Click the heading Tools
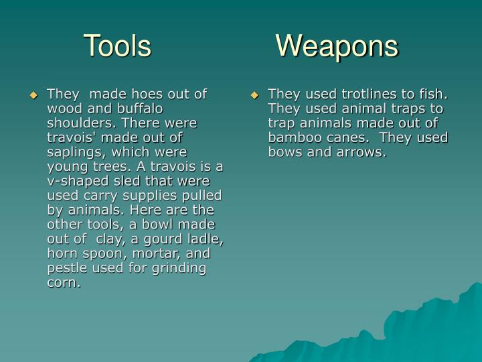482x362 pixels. (x=117, y=46)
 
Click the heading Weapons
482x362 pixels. (x=337, y=46)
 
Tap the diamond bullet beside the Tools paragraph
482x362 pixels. (x=33, y=95)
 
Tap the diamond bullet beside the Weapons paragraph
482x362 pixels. (x=254, y=95)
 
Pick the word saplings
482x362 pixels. (x=74, y=152)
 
